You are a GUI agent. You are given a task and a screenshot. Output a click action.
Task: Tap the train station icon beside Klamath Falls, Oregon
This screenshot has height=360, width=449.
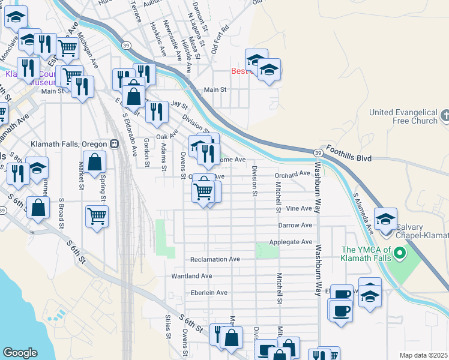[x=113, y=144]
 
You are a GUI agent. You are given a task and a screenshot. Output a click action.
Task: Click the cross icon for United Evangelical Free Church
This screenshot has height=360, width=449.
[x=445, y=114]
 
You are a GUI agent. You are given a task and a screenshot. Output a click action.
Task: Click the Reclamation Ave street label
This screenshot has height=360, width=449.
[x=215, y=260]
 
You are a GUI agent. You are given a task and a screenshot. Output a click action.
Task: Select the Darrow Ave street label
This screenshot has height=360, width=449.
[x=295, y=225]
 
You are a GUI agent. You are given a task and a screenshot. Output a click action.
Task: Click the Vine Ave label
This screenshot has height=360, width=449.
[x=300, y=208]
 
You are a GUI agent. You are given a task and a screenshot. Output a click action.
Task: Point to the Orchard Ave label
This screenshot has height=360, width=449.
[x=294, y=174]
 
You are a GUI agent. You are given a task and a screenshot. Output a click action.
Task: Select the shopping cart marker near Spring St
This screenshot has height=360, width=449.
[x=97, y=216]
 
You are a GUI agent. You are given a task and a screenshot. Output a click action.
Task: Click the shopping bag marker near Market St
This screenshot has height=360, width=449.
[x=95, y=163]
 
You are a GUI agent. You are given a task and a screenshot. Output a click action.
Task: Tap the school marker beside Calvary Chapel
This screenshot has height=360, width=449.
[x=385, y=218]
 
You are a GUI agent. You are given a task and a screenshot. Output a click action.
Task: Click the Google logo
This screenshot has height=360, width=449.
[x=20, y=353]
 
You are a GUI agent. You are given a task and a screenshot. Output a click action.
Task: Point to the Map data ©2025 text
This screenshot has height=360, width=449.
[x=423, y=355]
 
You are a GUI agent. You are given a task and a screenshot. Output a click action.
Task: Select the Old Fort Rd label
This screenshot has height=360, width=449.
[x=220, y=36]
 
